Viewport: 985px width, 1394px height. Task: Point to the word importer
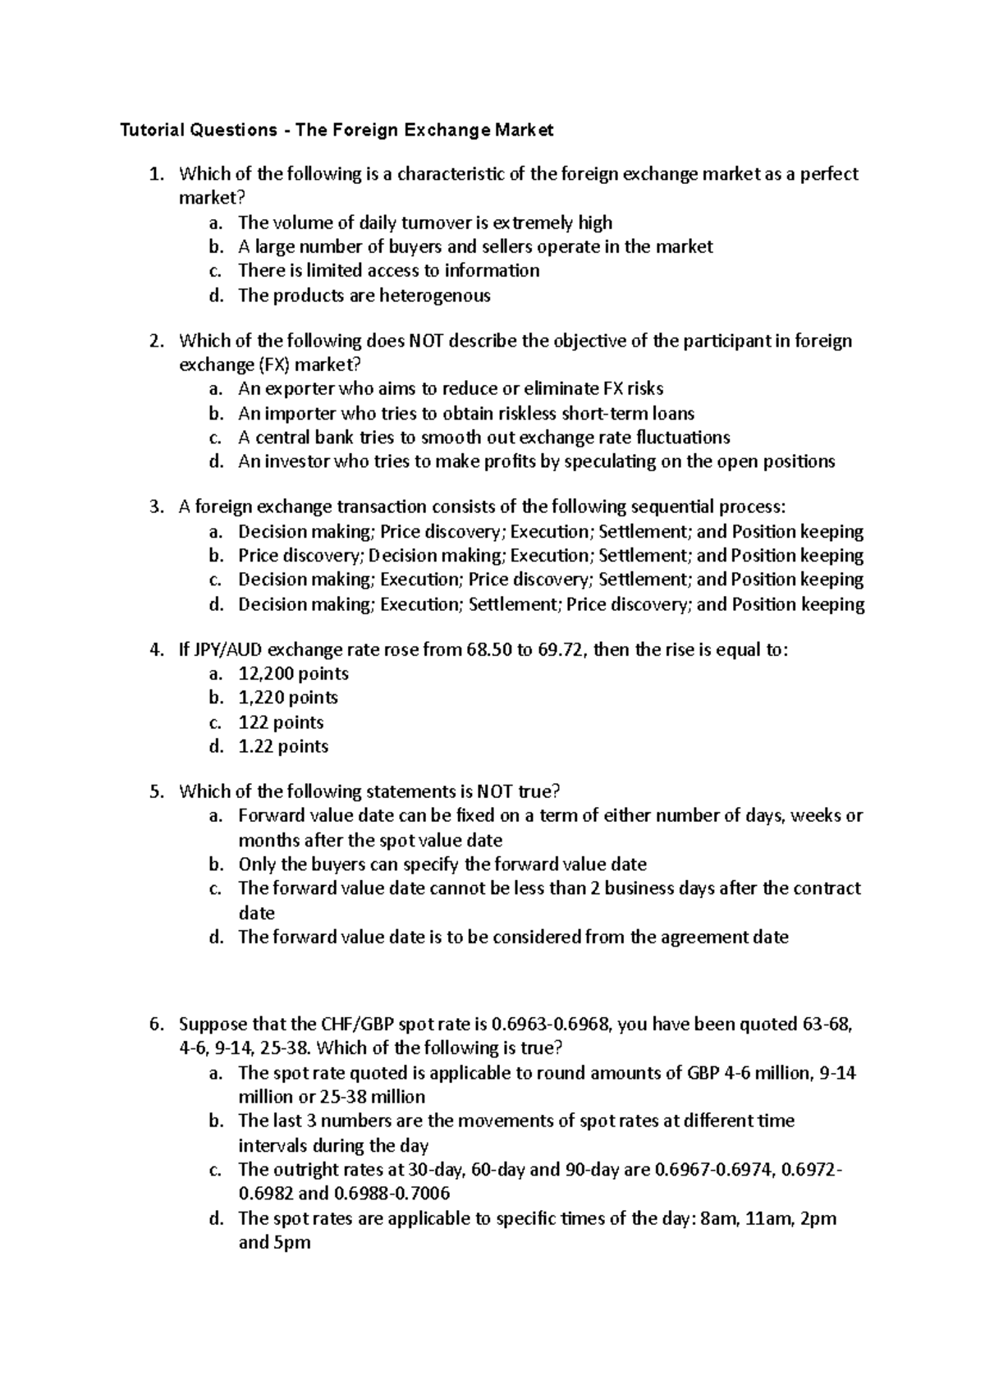pyautogui.click(x=303, y=413)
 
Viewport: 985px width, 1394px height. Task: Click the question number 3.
pyautogui.click(x=156, y=507)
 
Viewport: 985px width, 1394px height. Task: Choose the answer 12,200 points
pyautogui.click(x=293, y=674)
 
